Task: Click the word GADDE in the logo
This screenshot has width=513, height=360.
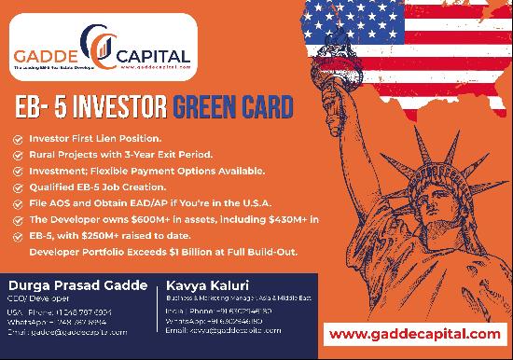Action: coord(45,55)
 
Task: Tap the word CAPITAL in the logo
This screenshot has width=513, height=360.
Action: coord(148,55)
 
